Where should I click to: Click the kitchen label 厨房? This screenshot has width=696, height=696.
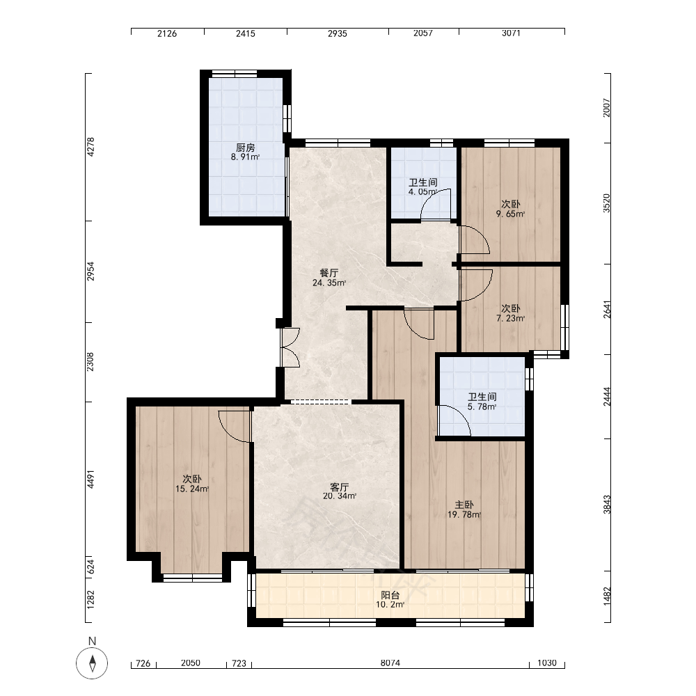coord(246,148)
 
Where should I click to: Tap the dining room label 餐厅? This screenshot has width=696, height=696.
coord(329,273)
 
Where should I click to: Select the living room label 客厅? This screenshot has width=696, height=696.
coord(340,487)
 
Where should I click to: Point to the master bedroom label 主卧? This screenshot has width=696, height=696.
coord(464,505)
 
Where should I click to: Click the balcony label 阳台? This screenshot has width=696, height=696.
coord(390,595)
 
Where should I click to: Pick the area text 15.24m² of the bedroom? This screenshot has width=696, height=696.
coord(192,489)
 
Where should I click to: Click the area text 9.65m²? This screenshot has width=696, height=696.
coord(510,214)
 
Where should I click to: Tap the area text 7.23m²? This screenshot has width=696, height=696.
coord(510,318)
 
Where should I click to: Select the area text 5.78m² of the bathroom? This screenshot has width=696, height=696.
coord(482,406)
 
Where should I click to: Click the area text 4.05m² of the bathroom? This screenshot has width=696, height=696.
coord(423,192)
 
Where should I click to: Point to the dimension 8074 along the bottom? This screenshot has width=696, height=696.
coord(390,663)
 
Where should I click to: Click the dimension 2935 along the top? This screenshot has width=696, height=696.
coord(338,33)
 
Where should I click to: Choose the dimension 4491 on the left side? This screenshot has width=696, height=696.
coord(90,480)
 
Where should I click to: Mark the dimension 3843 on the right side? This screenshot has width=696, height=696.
coord(607,505)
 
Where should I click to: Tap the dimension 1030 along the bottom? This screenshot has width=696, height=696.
coord(547,663)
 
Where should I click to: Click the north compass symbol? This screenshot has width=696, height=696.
coord(92,663)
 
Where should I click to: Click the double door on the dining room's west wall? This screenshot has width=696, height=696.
coord(290,347)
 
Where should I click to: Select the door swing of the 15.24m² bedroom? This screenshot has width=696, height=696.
coord(235,426)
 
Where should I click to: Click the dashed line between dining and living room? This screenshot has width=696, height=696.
coord(319,402)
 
